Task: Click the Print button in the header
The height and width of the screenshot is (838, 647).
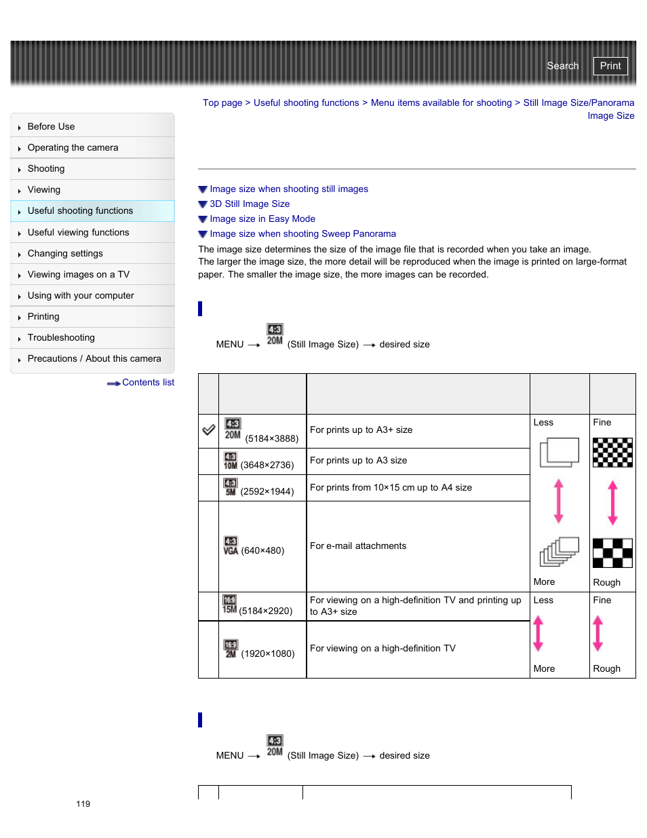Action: [x=610, y=66]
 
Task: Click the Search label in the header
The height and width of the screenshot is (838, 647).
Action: [x=562, y=66]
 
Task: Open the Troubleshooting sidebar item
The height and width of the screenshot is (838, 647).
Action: [x=61, y=338]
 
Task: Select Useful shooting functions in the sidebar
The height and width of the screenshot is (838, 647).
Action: [x=80, y=211]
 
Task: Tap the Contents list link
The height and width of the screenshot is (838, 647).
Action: [x=147, y=383]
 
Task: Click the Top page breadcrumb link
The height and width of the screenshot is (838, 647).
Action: [x=222, y=103]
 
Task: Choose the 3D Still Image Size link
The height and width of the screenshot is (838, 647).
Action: [x=250, y=204]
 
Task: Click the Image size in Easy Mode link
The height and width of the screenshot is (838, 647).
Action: [x=262, y=219]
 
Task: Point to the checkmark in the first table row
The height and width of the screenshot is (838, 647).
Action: [x=209, y=430]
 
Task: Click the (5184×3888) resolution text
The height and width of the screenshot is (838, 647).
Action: [x=272, y=439]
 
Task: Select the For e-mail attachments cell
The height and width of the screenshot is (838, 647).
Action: [x=358, y=546]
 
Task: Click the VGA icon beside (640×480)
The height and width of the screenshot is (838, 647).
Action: [x=231, y=546]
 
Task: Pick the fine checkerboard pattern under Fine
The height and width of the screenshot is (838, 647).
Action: [x=612, y=453]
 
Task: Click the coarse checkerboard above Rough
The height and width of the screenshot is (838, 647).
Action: [x=612, y=553]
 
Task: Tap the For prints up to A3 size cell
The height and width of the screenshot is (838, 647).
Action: [x=358, y=461]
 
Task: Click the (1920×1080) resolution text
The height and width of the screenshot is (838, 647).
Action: [x=268, y=654]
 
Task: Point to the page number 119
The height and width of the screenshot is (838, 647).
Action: [x=83, y=804]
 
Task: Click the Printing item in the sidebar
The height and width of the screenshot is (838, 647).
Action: [x=43, y=317]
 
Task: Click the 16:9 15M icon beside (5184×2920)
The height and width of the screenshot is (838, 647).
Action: [x=230, y=605]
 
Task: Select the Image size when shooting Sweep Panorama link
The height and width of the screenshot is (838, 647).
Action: [x=302, y=234]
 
